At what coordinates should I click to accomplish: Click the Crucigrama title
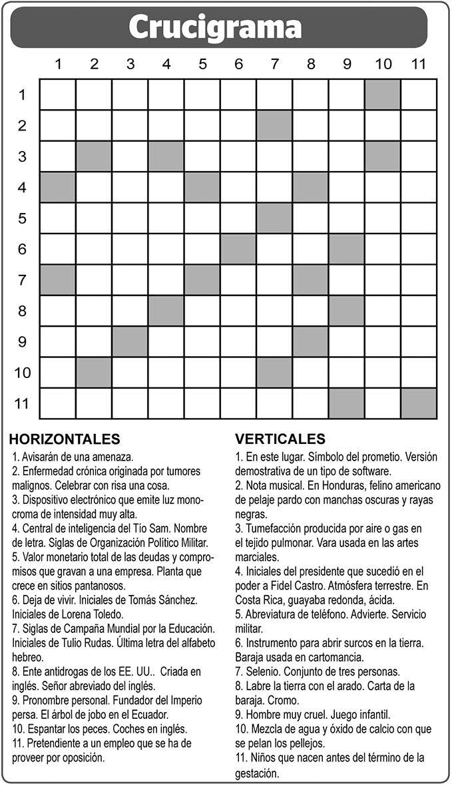(215, 27)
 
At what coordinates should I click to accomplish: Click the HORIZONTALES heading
(65, 439)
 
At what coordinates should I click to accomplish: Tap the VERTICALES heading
(280, 439)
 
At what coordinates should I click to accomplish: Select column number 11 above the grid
(418, 65)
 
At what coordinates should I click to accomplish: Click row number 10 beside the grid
(23, 373)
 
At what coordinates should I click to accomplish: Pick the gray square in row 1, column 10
(383, 95)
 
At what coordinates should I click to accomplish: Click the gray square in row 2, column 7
(274, 125)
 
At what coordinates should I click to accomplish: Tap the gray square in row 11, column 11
(419, 403)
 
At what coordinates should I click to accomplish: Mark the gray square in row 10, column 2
(94, 373)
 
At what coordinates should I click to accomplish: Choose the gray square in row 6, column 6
(238, 249)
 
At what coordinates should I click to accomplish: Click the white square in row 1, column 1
(58, 95)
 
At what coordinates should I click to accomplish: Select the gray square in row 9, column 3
(130, 341)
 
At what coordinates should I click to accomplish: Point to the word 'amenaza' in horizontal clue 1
(113, 457)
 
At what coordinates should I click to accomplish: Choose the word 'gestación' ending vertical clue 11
(256, 773)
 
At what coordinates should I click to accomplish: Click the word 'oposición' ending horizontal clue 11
(83, 757)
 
